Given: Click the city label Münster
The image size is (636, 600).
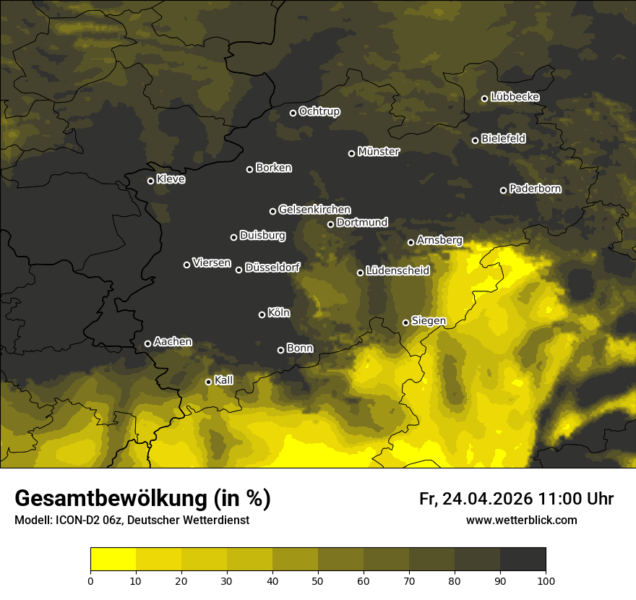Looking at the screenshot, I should pos(379,152).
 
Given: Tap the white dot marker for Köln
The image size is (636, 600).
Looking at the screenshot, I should pos(262,314).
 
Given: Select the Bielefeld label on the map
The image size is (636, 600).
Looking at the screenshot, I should pos(503,139).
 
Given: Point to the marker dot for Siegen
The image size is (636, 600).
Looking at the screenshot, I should pos(405,322).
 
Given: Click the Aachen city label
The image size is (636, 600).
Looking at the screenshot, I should pos(173,342).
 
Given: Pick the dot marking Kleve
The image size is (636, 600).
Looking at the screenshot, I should pos(150,181).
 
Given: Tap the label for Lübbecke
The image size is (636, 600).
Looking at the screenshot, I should pos(515,97).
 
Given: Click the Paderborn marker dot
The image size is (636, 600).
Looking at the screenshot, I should pos(503,190).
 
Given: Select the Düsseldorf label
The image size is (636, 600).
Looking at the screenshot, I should pos(272,267).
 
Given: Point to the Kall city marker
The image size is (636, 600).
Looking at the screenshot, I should pos(208,382).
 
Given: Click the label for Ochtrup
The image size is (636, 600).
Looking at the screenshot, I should pos(319,111).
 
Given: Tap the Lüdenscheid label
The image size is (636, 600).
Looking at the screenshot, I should pos(397,271).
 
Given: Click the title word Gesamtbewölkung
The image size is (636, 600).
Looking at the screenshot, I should pos(108,498).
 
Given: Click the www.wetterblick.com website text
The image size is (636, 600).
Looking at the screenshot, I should pos(521,520).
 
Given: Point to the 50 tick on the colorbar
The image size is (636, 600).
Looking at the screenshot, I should pos(318,580).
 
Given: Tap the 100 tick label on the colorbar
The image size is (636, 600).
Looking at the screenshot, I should pos(546,580).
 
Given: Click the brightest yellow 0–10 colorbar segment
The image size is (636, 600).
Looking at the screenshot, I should pos(113,559).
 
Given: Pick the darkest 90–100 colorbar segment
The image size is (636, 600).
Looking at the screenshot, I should pos(523,559).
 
